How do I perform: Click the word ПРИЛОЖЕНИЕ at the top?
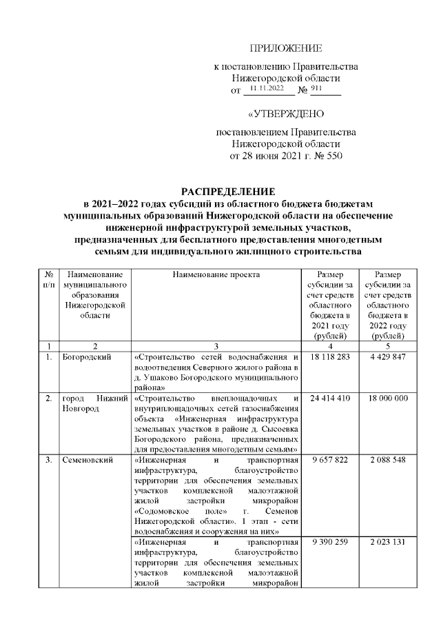285,48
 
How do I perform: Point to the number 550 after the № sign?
333,157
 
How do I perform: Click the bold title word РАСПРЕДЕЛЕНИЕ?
227,190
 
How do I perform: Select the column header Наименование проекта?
216,274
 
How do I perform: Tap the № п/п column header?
48,279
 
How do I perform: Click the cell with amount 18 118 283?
331,357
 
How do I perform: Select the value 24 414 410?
331,399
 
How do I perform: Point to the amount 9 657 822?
331,459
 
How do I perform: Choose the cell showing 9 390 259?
331,542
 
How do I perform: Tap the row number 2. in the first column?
48,399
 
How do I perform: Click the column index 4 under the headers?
331,345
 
